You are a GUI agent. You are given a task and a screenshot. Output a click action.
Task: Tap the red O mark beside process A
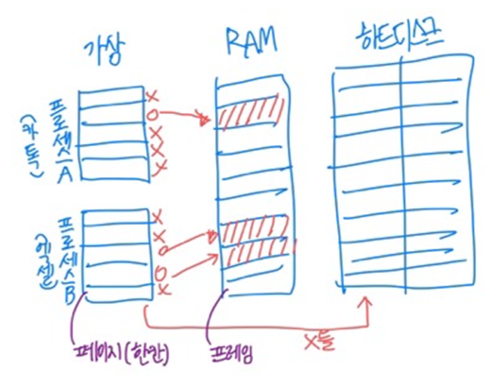tap(154, 115)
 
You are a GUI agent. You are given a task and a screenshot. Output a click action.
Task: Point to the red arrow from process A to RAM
tap(184, 114)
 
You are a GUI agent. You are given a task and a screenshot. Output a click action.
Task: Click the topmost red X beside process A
tap(153, 97)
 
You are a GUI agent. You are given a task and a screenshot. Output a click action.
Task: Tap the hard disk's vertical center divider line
tap(402, 173)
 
